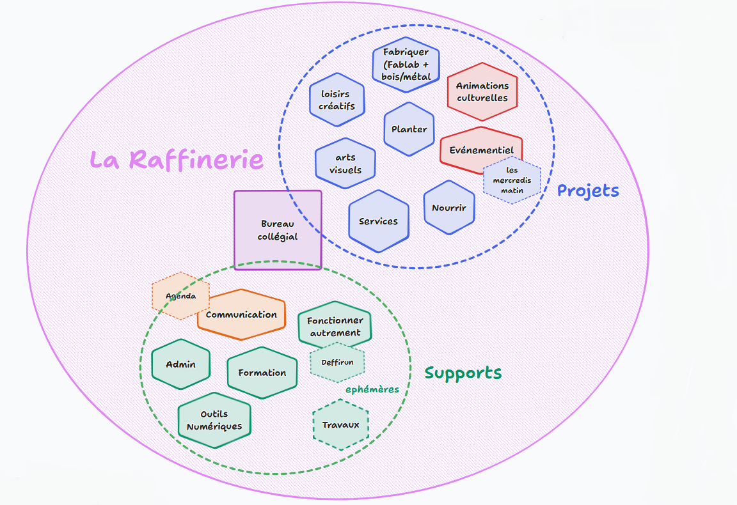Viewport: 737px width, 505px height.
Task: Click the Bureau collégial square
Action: pyautogui.click(x=278, y=229)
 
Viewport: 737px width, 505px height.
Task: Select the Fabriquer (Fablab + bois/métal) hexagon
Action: pyautogui.click(x=406, y=64)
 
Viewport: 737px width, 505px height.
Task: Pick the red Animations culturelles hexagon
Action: pyautogui.click(x=482, y=91)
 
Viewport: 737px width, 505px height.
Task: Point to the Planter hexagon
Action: pyautogui.click(x=409, y=129)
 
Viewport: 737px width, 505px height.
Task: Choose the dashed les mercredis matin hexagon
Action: pyautogui.click(x=512, y=180)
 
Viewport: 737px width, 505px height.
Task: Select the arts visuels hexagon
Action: pyautogui.click(x=345, y=164)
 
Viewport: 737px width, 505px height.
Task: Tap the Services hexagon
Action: pyautogui.click(x=378, y=221)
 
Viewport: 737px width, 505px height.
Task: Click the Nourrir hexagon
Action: pyautogui.click(x=449, y=208)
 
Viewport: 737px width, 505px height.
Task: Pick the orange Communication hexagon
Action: pyautogui.click(x=241, y=315)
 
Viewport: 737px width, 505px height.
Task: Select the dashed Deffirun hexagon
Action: pyautogui.click(x=337, y=362)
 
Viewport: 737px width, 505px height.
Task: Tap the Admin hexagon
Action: pyautogui.click(x=180, y=364)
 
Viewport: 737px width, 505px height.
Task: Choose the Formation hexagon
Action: pyautogui.click(x=262, y=373)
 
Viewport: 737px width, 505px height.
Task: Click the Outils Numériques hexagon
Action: pyautogui.click(x=214, y=420)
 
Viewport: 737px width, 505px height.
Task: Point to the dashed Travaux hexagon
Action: pyautogui.click(x=341, y=425)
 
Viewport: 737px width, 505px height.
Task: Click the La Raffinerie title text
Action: pyautogui.click(x=176, y=159)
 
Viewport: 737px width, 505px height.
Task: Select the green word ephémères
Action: pyautogui.click(x=372, y=389)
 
